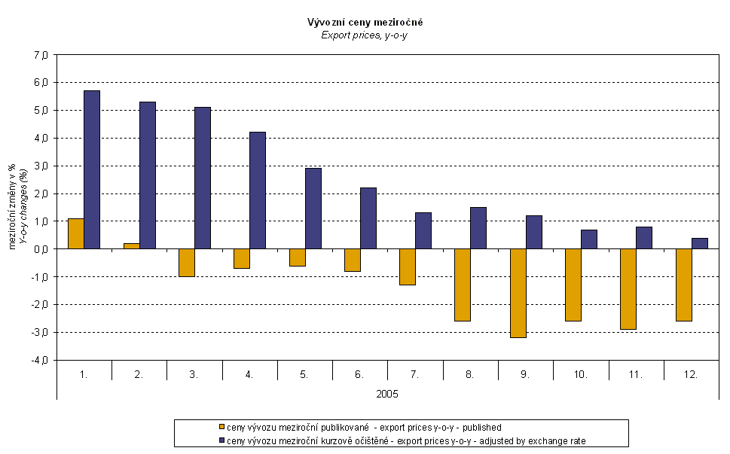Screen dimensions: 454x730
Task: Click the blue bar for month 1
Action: (x=92, y=169)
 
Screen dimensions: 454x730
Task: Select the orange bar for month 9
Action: (x=518, y=293)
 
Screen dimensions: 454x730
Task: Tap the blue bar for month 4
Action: (x=258, y=190)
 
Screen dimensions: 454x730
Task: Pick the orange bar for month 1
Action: (x=76, y=233)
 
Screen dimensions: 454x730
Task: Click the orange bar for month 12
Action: (x=684, y=285)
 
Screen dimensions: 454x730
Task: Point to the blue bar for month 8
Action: (x=478, y=227)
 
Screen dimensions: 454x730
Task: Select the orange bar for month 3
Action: (x=186, y=263)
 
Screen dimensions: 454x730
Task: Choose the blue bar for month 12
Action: (x=700, y=243)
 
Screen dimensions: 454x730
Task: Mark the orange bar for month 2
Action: (x=131, y=245)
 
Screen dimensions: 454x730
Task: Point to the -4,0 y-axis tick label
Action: (x=40, y=360)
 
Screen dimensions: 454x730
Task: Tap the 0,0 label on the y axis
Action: (x=41, y=249)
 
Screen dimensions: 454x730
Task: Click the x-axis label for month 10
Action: (x=581, y=373)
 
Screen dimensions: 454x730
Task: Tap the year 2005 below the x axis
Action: (x=387, y=394)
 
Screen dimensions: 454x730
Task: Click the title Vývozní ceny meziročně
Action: (x=365, y=23)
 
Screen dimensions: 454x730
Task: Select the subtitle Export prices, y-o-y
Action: (x=365, y=35)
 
